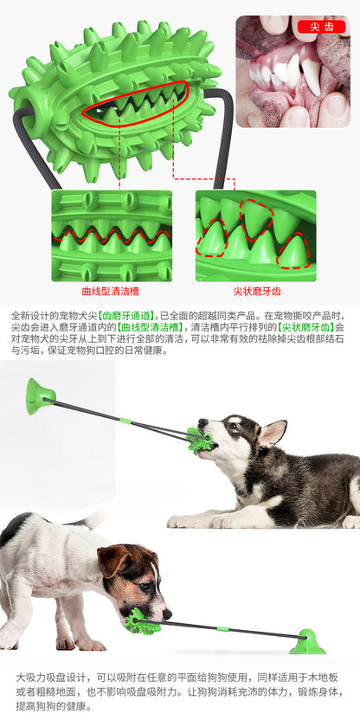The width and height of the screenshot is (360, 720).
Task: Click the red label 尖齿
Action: pyautogui.click(x=321, y=27)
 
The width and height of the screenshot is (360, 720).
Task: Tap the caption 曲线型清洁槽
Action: pyautogui.click(x=110, y=291)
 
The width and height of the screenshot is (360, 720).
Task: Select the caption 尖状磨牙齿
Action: pyautogui.click(x=257, y=291)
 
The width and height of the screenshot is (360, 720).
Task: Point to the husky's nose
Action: pyautogui.click(x=202, y=422)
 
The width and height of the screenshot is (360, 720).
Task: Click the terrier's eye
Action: pyautogui.click(x=144, y=587)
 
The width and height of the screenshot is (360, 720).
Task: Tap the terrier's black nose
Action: pyautogui.click(x=167, y=614)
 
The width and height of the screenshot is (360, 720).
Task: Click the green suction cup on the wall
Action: pyautogui.click(x=40, y=396)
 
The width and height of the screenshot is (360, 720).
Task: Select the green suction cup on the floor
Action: pyautogui.click(x=307, y=642)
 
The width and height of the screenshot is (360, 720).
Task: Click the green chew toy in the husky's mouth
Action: pyautogui.click(x=199, y=440)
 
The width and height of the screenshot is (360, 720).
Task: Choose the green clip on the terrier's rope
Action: pyautogui.click(x=223, y=628)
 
